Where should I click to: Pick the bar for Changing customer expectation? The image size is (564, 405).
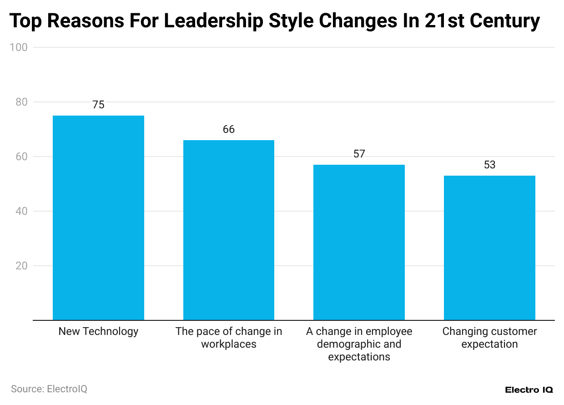point(489,248)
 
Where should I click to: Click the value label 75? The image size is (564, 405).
point(98,105)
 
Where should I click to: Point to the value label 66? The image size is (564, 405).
point(229,129)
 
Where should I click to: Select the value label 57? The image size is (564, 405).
point(359,154)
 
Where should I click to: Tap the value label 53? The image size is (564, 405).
point(489,165)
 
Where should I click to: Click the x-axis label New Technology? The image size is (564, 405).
point(98,331)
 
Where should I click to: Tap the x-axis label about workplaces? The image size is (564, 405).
point(229,338)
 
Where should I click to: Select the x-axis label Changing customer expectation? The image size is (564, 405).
point(489,338)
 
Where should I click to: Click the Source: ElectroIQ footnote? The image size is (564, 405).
point(49,389)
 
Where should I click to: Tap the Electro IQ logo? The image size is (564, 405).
point(529,390)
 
